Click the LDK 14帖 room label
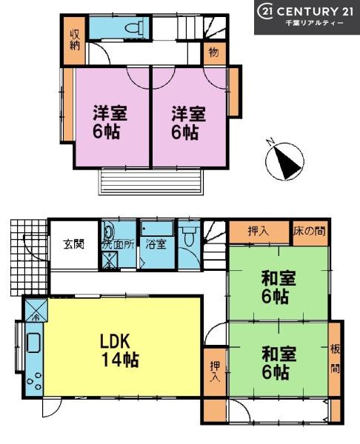coord(119,350)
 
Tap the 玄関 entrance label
coord(73,244)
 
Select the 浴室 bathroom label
coord(156,244)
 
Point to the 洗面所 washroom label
coord(118,245)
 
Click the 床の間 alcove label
coord(310,232)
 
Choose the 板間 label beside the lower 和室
coord(335,359)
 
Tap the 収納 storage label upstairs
coord(75,40)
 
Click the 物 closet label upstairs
coord(214,53)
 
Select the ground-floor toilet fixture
coord(188,237)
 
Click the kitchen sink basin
coord(33,343)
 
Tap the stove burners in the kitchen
coord(34,381)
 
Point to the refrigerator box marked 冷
coord(36,310)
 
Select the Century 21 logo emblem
coord(265,12)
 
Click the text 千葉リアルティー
coord(314,24)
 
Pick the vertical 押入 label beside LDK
coord(215,371)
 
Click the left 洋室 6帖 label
coord(110,122)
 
